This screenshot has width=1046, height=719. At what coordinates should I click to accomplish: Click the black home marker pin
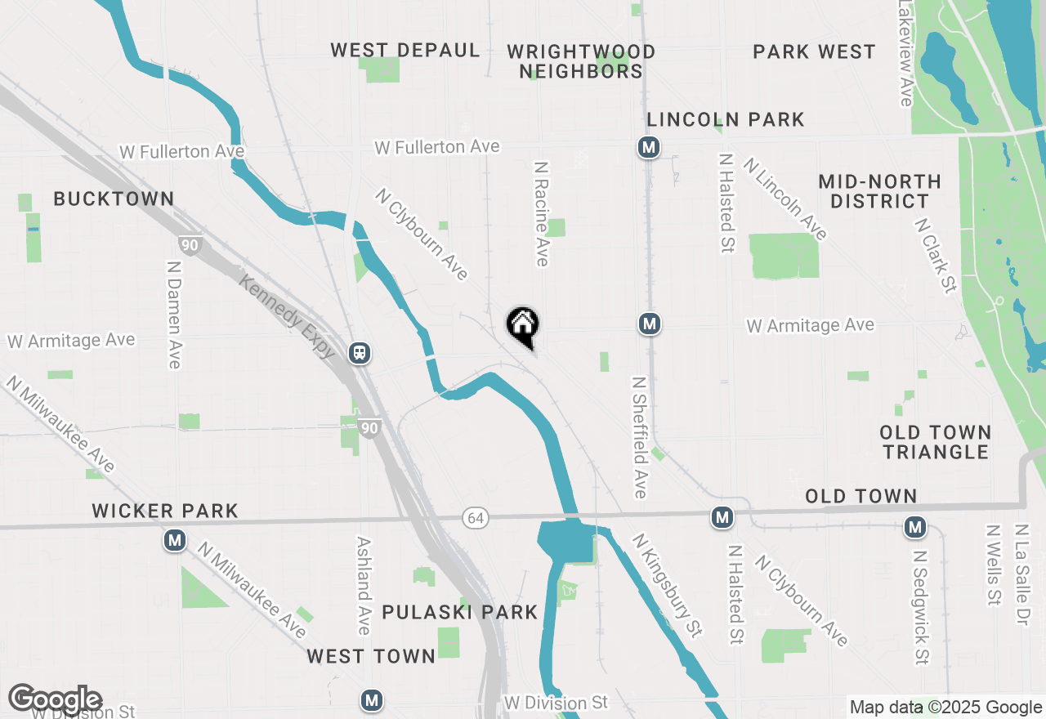click(522, 326)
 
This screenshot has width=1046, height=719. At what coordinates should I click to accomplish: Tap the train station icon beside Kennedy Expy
click(359, 353)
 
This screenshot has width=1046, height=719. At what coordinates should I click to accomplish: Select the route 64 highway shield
click(475, 517)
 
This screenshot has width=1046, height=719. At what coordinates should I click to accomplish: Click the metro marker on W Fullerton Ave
click(649, 147)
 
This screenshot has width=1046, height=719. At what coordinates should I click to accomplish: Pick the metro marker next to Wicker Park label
click(174, 540)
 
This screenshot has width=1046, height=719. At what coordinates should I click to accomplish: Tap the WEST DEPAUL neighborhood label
click(405, 51)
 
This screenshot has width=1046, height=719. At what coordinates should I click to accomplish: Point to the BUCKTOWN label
click(114, 199)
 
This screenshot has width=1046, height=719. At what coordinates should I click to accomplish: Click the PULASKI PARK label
click(460, 612)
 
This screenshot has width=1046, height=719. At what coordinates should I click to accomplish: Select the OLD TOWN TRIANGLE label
click(936, 442)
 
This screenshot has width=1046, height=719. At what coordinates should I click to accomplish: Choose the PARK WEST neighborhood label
click(814, 52)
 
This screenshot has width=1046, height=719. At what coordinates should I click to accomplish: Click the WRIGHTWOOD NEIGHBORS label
click(581, 62)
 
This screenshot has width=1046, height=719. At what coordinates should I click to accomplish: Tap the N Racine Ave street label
click(541, 213)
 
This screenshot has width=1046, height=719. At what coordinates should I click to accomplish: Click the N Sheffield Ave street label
click(640, 437)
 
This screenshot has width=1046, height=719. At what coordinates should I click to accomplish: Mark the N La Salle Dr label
click(1020, 575)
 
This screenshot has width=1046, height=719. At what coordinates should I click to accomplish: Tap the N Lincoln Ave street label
click(785, 199)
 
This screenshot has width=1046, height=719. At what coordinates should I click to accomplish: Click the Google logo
click(55, 699)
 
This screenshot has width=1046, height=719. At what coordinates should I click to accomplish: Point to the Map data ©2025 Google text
click(945, 708)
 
